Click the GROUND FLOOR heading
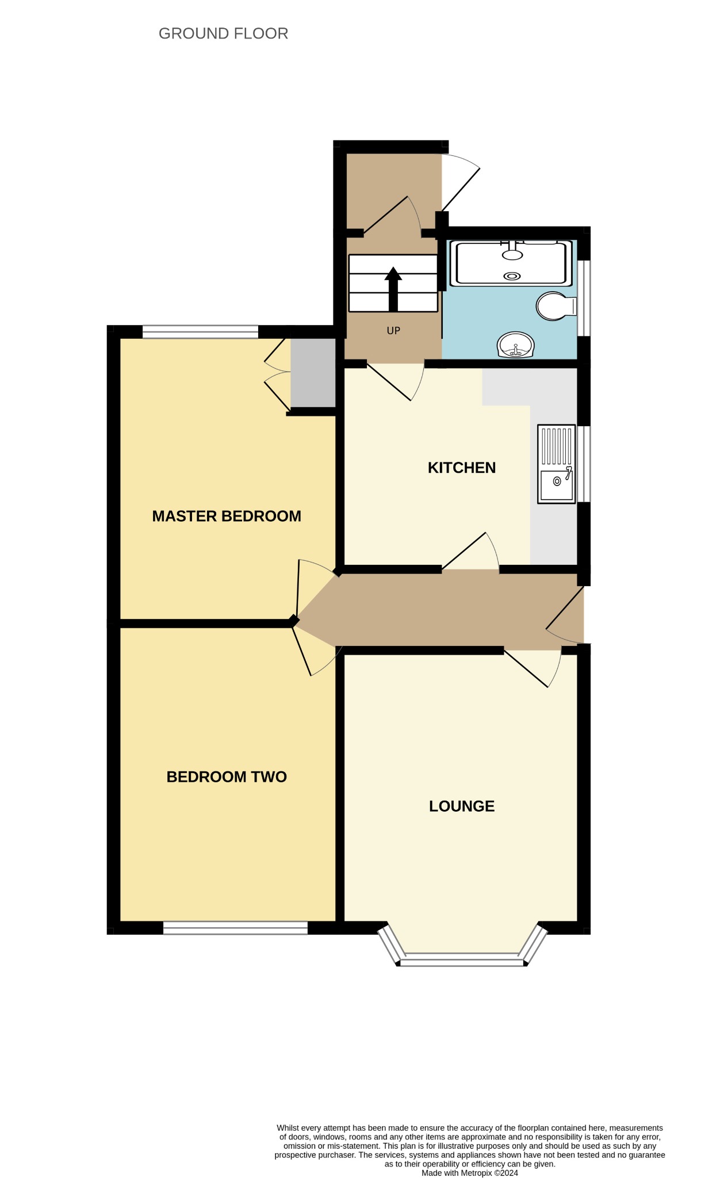click(x=223, y=34)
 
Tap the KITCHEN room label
click(x=462, y=468)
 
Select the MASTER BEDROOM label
click(x=227, y=516)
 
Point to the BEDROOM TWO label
click(x=227, y=777)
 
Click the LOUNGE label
click(x=462, y=806)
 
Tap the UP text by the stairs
click(x=393, y=331)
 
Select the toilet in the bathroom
click(x=556, y=306)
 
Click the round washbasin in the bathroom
click(x=516, y=345)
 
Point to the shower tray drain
click(x=512, y=276)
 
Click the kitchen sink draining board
click(x=556, y=446)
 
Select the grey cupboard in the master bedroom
click(x=313, y=373)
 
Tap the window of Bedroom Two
click(x=235, y=928)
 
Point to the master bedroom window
click(x=200, y=332)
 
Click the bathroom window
click(x=584, y=298)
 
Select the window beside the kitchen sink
click(x=583, y=464)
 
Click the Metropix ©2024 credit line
click(x=470, y=1173)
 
